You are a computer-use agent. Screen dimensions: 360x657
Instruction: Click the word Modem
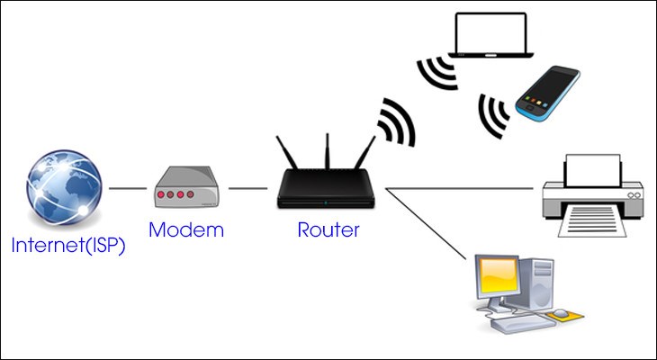click(185, 230)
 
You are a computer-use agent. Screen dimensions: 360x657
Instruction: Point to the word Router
click(328, 230)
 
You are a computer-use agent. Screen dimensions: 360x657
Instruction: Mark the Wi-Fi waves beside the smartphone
click(493, 112)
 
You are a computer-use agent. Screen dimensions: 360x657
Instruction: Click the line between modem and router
click(247, 189)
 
